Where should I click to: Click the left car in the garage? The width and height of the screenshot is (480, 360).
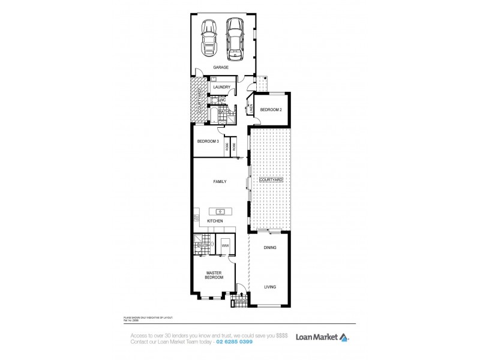208,38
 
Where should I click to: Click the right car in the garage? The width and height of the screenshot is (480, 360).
235,37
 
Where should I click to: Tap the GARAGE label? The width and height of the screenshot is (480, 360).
221,68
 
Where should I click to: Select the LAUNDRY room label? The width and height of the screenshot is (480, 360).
222,87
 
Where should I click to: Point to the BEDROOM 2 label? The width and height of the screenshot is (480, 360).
270,109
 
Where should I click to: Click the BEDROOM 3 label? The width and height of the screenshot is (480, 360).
208,142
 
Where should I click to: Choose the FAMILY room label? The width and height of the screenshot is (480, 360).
220,181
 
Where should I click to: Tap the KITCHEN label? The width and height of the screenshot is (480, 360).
215,221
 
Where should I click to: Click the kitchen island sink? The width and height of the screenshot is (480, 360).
220,211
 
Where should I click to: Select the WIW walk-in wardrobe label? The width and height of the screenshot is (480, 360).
226,245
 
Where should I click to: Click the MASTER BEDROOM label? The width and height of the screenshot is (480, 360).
214,275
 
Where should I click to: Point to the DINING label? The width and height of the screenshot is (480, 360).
270,247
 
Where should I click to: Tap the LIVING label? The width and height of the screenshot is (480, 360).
270,287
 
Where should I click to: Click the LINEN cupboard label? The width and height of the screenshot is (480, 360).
250,109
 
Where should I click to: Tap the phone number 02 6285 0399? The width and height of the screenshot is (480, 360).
232,341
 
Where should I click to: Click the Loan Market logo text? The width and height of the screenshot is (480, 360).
317,337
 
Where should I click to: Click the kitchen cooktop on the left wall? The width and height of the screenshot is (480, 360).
196,217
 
